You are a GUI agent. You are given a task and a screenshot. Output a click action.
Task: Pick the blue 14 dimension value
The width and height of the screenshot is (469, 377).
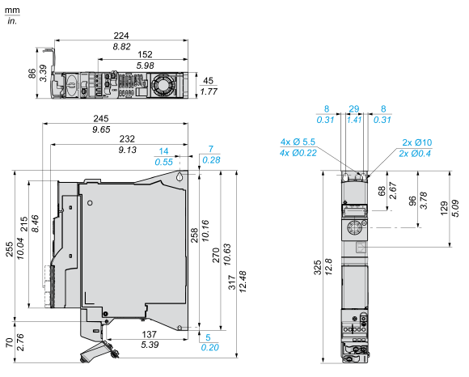164,151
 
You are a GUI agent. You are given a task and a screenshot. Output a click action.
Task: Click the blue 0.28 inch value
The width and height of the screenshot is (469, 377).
211,160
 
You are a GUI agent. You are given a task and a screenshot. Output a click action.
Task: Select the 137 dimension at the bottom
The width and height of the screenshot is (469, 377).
149,334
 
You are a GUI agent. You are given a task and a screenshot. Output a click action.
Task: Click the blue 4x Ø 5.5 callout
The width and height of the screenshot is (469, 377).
298,142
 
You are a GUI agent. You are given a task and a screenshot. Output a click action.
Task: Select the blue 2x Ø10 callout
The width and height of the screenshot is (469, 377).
417,142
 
